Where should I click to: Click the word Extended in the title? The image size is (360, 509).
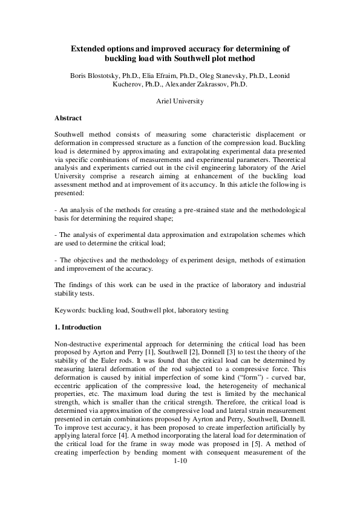coord(89,48)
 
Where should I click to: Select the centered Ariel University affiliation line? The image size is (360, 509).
coord(180,101)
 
